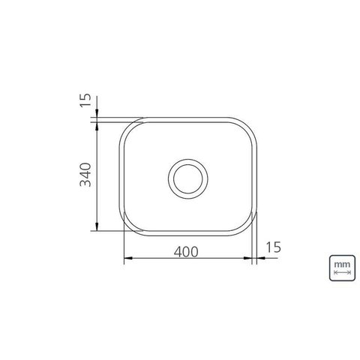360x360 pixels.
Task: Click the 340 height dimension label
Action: coord(85,175)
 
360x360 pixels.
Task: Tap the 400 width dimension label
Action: coord(186,252)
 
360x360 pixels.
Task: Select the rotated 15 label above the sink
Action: coord(85,100)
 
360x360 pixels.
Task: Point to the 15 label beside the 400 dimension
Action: coord(273,247)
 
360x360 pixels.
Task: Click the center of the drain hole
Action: coord(188,178)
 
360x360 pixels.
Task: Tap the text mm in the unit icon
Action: coord(342,264)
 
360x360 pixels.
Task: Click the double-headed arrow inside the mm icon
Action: coord(342,272)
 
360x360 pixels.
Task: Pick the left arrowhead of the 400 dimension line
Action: coord(128,258)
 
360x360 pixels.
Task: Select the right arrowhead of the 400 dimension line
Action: coord(247,258)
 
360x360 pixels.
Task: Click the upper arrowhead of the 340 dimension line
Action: coord(97,127)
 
